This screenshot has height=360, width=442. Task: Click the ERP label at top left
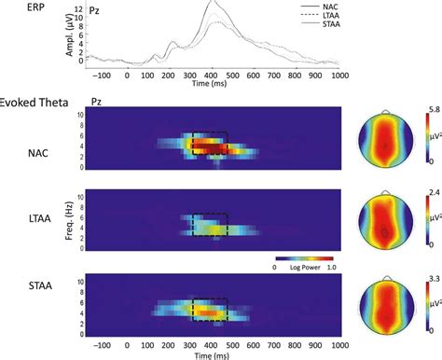(13, 7)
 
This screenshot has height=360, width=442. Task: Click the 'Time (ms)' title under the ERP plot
(214, 85)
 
